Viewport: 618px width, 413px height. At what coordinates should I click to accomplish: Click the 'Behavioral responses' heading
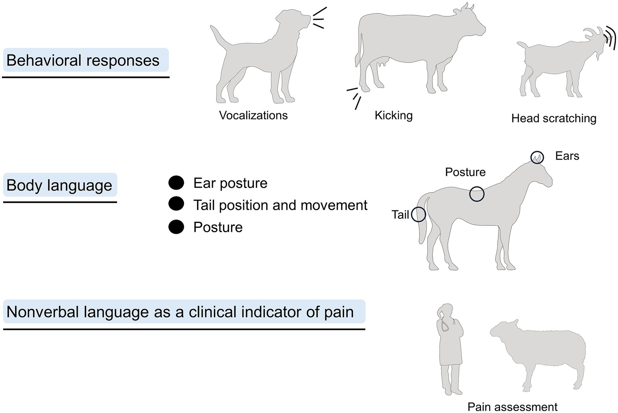(x=83, y=60)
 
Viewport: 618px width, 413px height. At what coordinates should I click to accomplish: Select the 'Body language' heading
(x=59, y=185)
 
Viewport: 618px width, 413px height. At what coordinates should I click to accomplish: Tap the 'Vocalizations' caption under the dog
(x=253, y=115)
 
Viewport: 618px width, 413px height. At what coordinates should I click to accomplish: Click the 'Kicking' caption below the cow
(x=393, y=115)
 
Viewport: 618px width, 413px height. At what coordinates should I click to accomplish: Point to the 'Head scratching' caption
(x=554, y=118)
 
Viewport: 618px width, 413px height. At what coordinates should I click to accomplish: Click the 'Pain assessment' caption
(x=512, y=407)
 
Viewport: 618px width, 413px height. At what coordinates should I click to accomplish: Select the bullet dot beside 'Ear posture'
(x=176, y=183)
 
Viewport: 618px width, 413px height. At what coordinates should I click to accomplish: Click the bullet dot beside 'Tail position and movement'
(x=176, y=204)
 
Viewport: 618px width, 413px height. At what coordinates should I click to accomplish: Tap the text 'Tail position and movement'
(x=280, y=205)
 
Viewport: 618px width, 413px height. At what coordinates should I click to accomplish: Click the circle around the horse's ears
(x=537, y=157)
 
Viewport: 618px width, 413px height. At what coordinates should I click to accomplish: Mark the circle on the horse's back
(x=477, y=194)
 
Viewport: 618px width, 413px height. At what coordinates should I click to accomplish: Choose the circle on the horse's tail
(x=418, y=214)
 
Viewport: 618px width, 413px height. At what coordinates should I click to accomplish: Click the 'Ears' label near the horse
(x=567, y=156)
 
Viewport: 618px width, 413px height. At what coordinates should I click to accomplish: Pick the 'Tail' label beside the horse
(x=400, y=215)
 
